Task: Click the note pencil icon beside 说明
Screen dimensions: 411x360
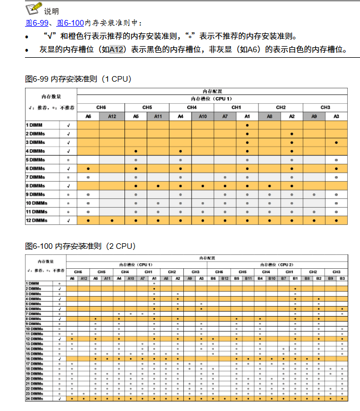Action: [x=33, y=9]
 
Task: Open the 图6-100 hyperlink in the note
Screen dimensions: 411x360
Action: [x=70, y=23]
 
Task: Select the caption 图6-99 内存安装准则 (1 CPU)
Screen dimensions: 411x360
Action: [x=78, y=79]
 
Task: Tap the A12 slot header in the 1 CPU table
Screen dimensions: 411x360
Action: [x=112, y=116]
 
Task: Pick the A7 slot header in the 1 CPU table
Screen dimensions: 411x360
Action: [x=224, y=116]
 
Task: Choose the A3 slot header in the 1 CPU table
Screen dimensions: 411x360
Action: [x=336, y=116]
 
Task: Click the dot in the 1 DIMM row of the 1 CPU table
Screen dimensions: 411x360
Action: [x=247, y=125]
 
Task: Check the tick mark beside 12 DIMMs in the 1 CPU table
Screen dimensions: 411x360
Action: [x=68, y=220]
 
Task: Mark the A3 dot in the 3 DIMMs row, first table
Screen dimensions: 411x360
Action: [x=336, y=143]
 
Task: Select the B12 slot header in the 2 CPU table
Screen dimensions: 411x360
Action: [x=224, y=278]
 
